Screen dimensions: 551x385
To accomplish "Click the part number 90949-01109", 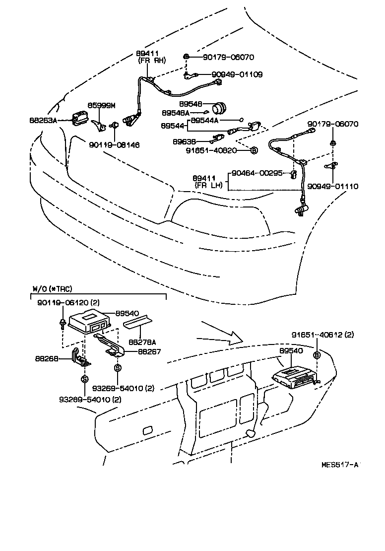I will pyautogui.click(x=237, y=74).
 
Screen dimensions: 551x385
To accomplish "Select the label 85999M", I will pyautogui.click(x=102, y=105).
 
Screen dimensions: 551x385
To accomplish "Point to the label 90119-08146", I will pyautogui.click(x=114, y=145).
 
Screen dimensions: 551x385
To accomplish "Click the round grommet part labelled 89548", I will pyautogui.click(x=218, y=107).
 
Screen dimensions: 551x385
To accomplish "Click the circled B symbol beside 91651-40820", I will pyautogui.click(x=254, y=150).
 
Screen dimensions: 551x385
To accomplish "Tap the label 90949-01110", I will pyautogui.click(x=332, y=186).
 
